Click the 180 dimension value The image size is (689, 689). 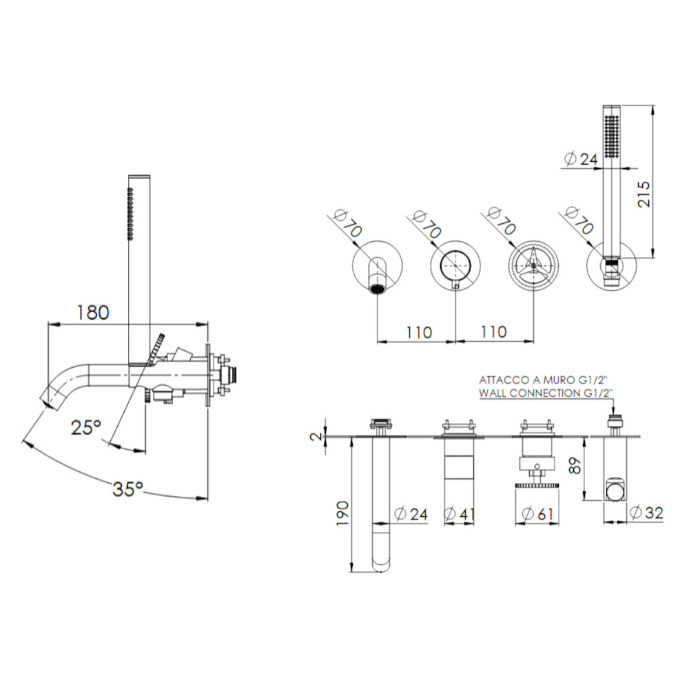[93, 312]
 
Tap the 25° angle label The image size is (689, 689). [86, 427]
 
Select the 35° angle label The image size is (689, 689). [128, 489]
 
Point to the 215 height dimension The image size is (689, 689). [644, 194]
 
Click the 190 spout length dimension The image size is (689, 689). [342, 513]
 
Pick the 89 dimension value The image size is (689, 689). [575, 465]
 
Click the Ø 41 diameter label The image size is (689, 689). [460, 514]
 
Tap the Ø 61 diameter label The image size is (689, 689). [537, 514]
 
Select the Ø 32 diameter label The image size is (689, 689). [646, 513]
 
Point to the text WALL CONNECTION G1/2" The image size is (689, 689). [546, 393]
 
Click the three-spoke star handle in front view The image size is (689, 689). [533, 265]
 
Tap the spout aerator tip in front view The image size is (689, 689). [378, 289]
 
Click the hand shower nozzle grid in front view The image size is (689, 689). [612, 136]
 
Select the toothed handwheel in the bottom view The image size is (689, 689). [537, 486]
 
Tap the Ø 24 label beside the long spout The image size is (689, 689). [411, 514]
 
